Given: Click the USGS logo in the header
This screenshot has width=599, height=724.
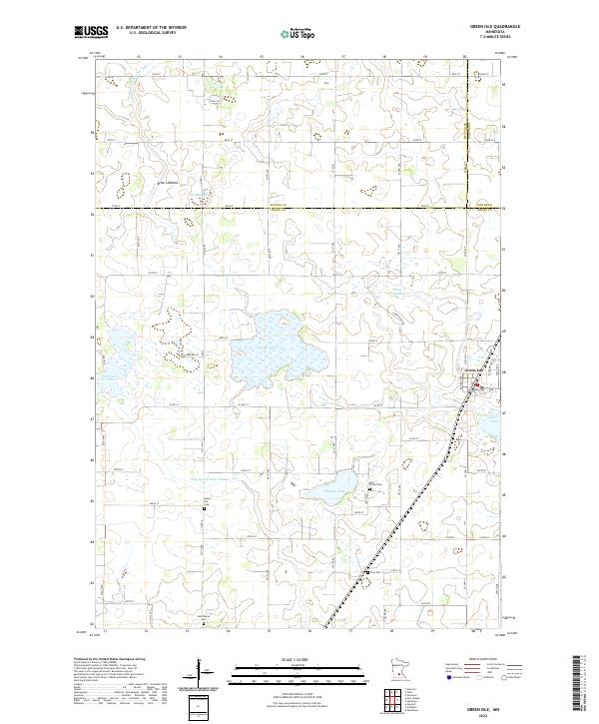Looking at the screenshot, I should (x=90, y=32).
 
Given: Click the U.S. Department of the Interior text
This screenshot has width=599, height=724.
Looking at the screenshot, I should (x=151, y=27).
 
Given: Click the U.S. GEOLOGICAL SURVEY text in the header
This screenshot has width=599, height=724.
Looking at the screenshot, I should (x=144, y=33).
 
